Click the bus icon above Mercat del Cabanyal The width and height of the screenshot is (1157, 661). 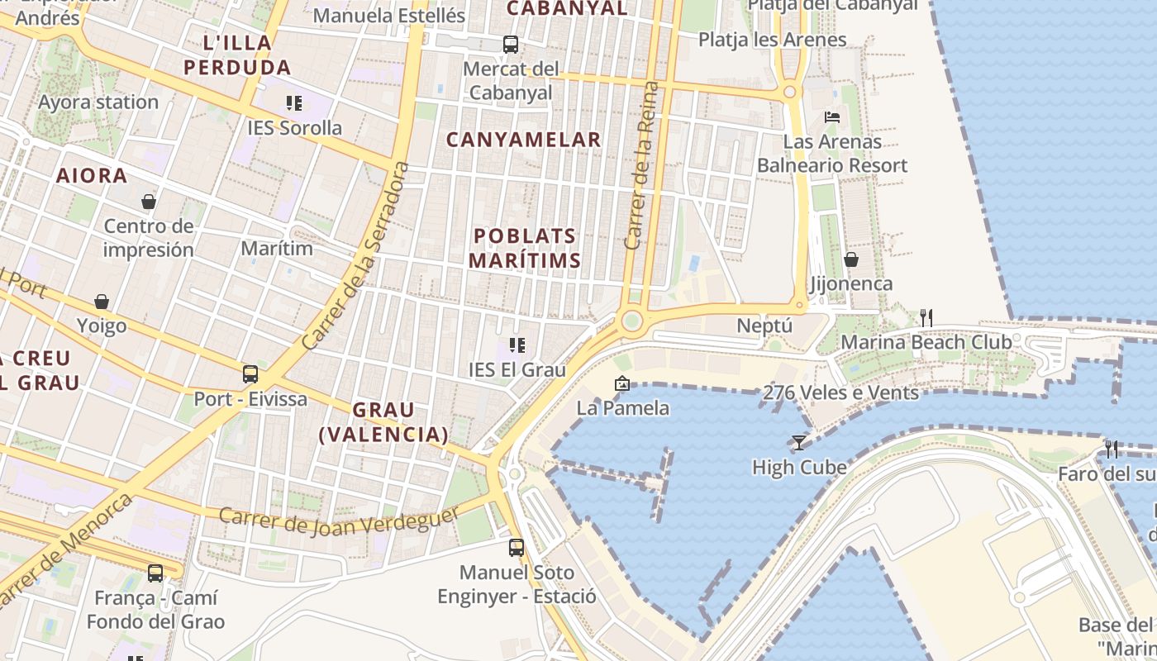tap(511, 44)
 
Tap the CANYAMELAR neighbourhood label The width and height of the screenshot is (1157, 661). tap(524, 140)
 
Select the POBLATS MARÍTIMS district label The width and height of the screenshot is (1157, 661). tap(525, 248)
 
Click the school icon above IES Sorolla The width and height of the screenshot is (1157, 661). tap(294, 103)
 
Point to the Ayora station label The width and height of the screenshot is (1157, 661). tap(98, 102)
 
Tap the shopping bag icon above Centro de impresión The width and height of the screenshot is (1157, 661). tap(149, 202)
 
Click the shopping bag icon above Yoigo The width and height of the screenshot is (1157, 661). tap(102, 302)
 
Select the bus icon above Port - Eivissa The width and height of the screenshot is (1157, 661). tap(250, 374)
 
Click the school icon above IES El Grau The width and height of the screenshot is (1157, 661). tap(517, 345)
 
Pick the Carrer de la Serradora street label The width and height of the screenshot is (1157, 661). tap(356, 256)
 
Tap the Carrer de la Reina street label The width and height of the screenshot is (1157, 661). tap(642, 165)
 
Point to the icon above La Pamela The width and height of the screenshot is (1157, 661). tap(621, 383)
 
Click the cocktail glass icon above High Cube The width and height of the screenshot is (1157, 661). tap(798, 443)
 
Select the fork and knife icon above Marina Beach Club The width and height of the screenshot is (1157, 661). tap(926, 317)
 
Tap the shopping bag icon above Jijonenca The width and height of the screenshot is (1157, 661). tap(851, 259)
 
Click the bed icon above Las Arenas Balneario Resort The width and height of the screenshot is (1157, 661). tap(832, 117)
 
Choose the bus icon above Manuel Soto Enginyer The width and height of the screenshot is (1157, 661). tap(517, 547)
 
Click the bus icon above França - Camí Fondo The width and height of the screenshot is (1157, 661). tap(155, 573)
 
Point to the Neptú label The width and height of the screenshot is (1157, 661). tap(764, 326)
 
